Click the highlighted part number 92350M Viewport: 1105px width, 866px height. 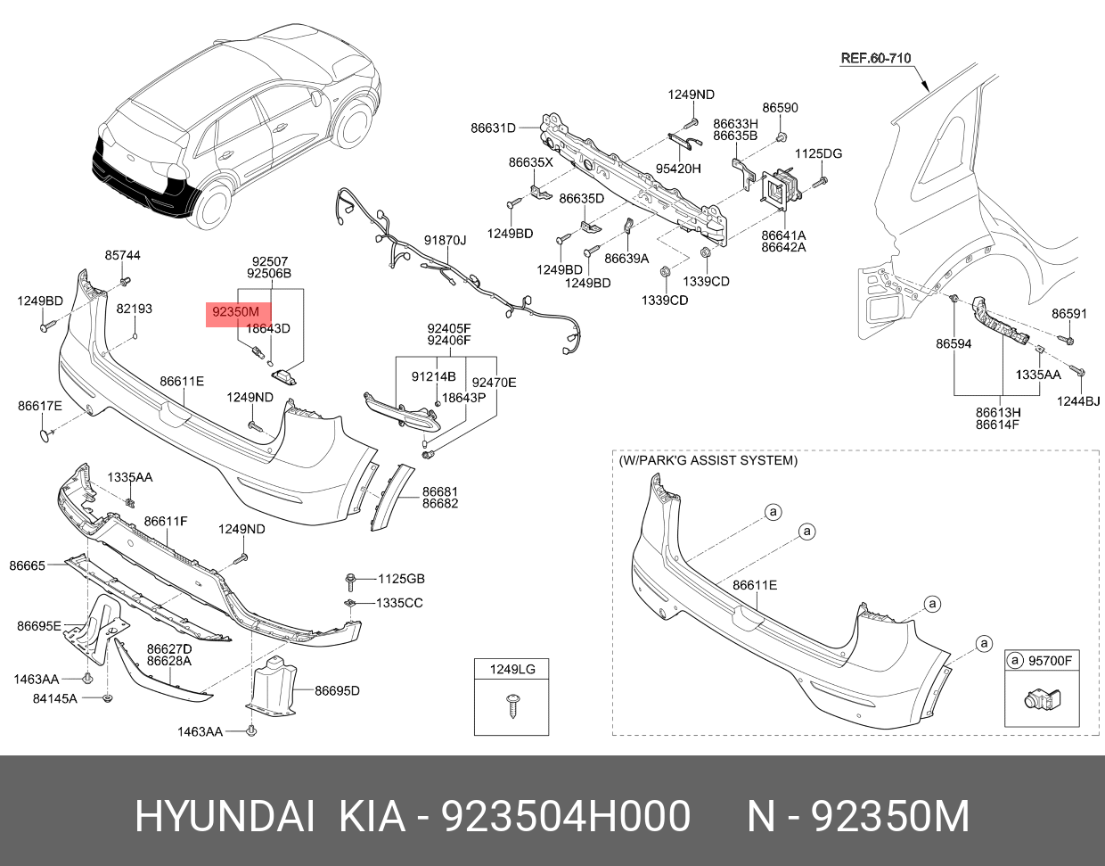(235, 312)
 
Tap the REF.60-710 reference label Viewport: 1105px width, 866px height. (876, 59)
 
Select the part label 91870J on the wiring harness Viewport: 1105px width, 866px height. (445, 240)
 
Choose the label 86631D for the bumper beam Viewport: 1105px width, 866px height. (493, 128)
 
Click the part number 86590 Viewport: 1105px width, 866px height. (780, 108)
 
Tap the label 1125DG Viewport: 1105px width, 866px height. (818, 153)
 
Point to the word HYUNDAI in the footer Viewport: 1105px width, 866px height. (225, 816)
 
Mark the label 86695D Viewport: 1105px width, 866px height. (337, 690)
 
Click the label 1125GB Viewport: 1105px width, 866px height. (401, 579)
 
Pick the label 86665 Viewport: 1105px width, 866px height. (27, 565)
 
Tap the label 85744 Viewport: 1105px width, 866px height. (122, 255)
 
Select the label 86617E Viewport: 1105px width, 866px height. (40, 406)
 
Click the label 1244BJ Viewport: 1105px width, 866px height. (1078, 400)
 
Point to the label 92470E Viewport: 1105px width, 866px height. (494, 383)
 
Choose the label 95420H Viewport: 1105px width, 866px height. (678, 168)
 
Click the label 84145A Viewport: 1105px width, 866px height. (55, 698)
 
